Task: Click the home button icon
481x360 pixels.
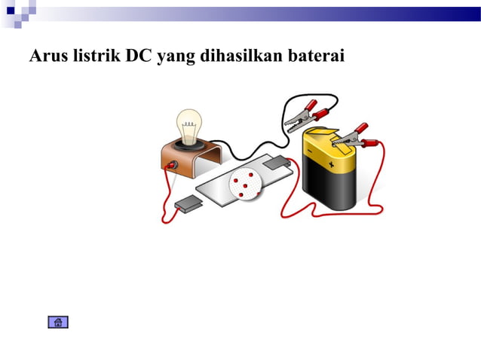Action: pyautogui.click(x=58, y=322)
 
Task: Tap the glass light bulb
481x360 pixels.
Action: pyautogui.click(x=189, y=122)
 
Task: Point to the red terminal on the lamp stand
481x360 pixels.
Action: pyautogui.click(x=172, y=164)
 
